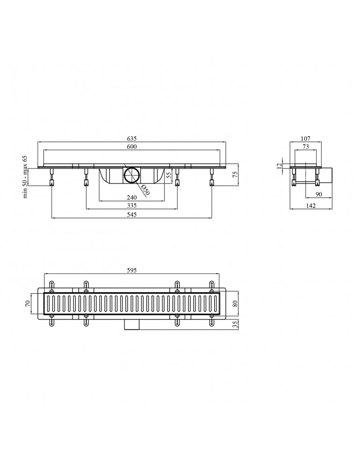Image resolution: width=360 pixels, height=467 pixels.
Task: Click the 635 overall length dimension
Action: pos(132,139)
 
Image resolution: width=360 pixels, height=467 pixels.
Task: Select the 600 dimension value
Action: pos(132,146)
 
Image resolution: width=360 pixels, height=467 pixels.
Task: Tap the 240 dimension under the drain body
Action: pos(132,198)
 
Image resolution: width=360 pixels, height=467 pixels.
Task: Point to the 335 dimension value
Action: pos(132,205)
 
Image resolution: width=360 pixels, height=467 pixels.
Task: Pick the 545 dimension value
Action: pos(132,214)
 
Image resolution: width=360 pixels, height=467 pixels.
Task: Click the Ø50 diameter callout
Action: pos(145,190)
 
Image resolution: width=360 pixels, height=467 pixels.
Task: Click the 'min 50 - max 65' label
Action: pos(25,177)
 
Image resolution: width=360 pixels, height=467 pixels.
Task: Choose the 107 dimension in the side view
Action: pos(305,139)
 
